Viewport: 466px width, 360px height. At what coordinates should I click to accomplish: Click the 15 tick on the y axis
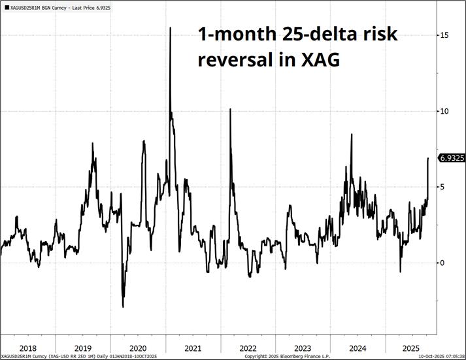[444, 35]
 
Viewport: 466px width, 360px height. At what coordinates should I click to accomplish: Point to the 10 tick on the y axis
[444, 111]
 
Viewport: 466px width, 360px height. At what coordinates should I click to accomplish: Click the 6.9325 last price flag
[450, 158]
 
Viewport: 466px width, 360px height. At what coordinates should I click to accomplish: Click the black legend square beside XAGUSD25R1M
[6, 5]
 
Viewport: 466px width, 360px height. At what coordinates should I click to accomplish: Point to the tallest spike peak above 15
[171, 27]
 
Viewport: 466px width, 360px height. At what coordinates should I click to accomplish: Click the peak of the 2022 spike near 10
[230, 109]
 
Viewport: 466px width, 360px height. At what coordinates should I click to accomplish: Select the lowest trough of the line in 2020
[123, 306]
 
